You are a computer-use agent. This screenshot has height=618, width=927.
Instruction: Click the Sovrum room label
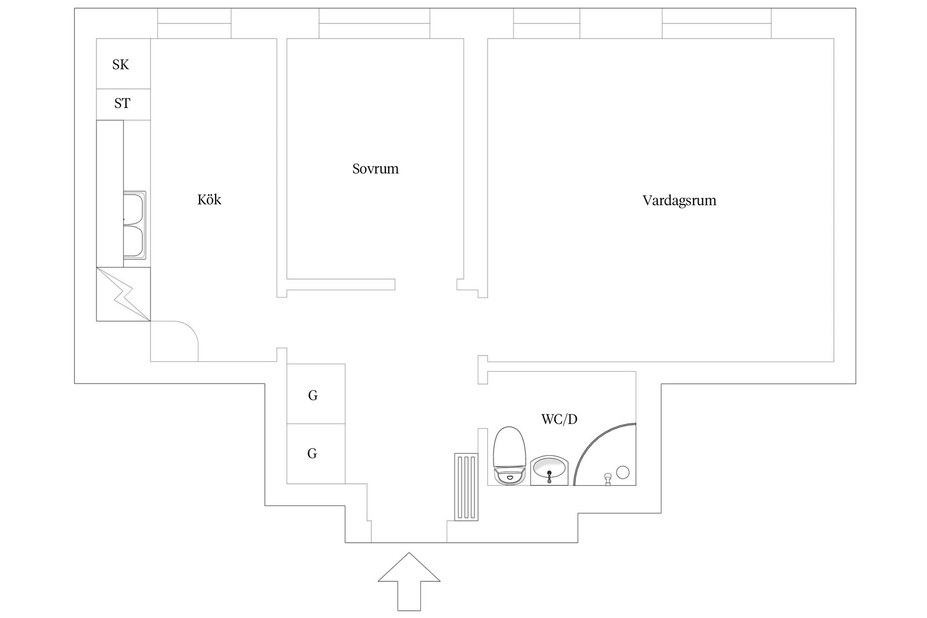point(375,169)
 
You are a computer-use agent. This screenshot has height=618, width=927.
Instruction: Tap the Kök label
point(209,200)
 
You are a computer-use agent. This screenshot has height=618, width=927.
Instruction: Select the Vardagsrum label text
point(679,201)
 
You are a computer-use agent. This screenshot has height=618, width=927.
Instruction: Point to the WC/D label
point(559,419)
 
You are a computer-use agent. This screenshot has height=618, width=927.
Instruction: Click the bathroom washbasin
point(549,470)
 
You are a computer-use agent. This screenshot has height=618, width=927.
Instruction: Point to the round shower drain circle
point(623,472)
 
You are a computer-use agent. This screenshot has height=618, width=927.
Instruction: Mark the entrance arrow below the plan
point(408,584)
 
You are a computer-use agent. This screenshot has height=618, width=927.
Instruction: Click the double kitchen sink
point(135,225)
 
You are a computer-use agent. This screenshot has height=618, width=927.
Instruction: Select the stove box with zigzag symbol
point(123,294)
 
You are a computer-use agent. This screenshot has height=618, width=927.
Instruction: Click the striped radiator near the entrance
point(466,487)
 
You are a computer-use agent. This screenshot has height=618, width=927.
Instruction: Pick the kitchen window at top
point(194,23)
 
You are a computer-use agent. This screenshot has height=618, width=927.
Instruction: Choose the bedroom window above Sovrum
point(374,23)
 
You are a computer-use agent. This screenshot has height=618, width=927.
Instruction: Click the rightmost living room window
point(716,23)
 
